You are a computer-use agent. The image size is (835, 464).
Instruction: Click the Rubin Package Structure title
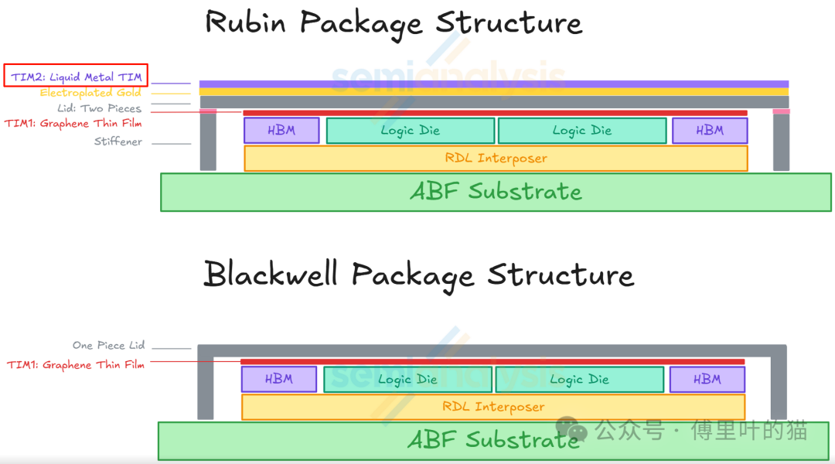tap(393, 23)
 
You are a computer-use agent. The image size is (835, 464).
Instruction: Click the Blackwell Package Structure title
tap(418, 275)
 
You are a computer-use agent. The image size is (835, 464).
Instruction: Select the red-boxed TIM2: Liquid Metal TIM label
tap(76, 77)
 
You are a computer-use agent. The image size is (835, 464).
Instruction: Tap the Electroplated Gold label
tap(90, 93)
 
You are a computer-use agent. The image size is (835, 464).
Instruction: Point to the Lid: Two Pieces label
tap(99, 108)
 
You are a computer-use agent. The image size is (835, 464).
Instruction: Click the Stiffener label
tap(118, 142)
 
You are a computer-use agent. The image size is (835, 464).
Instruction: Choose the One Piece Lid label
tap(108, 345)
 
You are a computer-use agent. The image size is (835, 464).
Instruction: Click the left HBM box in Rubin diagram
tap(281, 131)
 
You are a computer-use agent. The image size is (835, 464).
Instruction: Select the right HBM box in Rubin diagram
tap(709, 131)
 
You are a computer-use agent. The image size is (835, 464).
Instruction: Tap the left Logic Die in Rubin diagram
tap(410, 131)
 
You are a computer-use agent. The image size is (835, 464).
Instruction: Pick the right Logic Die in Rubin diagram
tap(581, 131)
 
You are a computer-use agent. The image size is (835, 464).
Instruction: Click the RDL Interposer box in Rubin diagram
tap(496, 158)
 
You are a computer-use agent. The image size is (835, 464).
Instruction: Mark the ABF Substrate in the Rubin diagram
tap(495, 192)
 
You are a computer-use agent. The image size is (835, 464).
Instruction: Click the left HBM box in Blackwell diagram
tap(278, 379)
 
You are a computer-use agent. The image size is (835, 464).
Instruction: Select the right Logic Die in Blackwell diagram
tap(579, 379)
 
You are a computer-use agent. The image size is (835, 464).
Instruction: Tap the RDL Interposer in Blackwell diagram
tap(492, 407)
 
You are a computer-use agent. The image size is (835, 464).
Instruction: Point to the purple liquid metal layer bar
tap(494, 84)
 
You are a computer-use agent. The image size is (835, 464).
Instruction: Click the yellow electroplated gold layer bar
tap(494, 92)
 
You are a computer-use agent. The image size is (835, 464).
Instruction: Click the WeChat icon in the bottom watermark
tap(572, 429)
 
